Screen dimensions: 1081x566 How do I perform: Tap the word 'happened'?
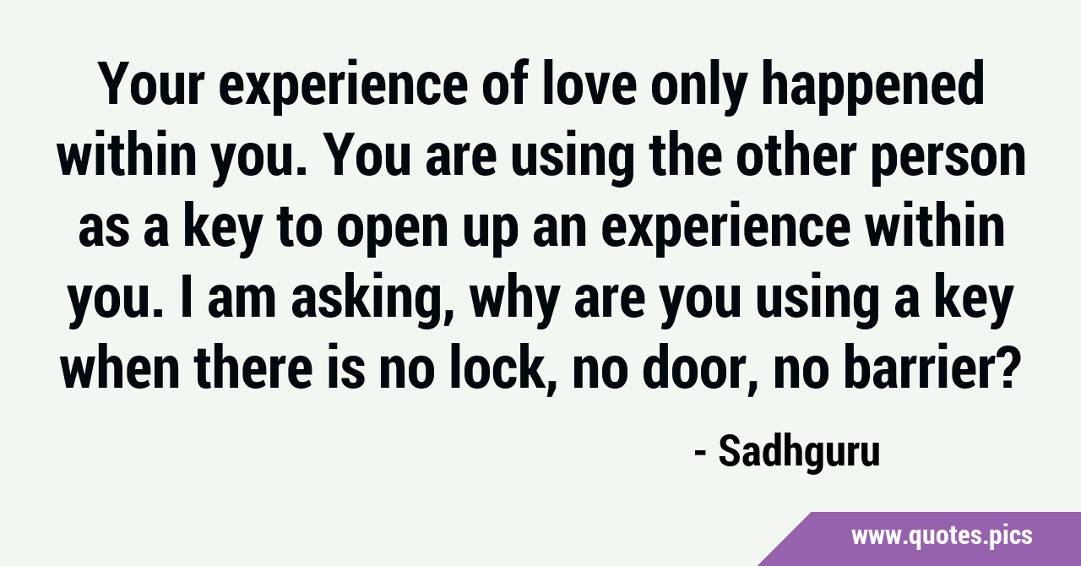coord(872,87)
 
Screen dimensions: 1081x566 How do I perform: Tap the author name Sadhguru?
coord(800,452)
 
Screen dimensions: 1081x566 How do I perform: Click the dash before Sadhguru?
coord(700,454)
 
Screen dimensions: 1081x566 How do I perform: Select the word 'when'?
coord(121,365)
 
